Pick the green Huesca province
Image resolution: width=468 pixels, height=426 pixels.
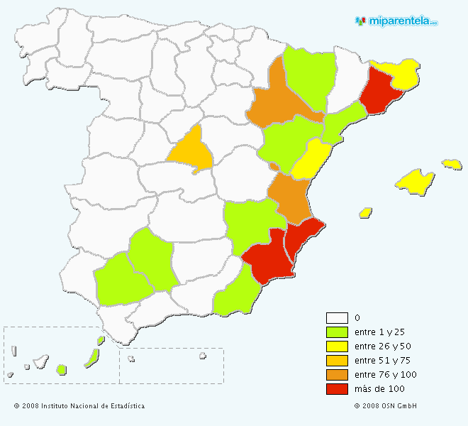point(310,75)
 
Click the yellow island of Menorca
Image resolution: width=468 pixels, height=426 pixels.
point(452,164)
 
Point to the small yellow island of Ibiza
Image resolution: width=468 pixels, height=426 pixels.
point(366,212)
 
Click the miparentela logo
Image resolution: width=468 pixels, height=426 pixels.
point(396,21)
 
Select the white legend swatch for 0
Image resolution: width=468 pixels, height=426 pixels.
point(337,318)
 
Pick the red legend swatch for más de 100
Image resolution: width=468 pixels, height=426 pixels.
point(337,389)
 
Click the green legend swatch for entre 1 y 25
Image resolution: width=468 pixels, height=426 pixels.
point(337,332)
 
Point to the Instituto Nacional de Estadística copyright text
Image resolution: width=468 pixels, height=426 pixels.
point(79,406)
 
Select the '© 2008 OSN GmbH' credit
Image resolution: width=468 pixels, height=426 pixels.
point(386,406)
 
